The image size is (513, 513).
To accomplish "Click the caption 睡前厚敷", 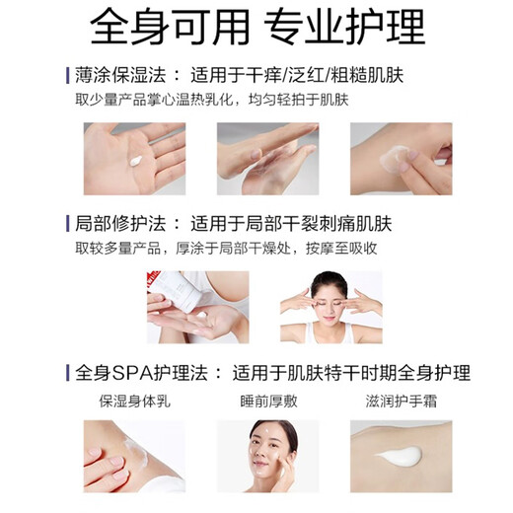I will tap(259, 403).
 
